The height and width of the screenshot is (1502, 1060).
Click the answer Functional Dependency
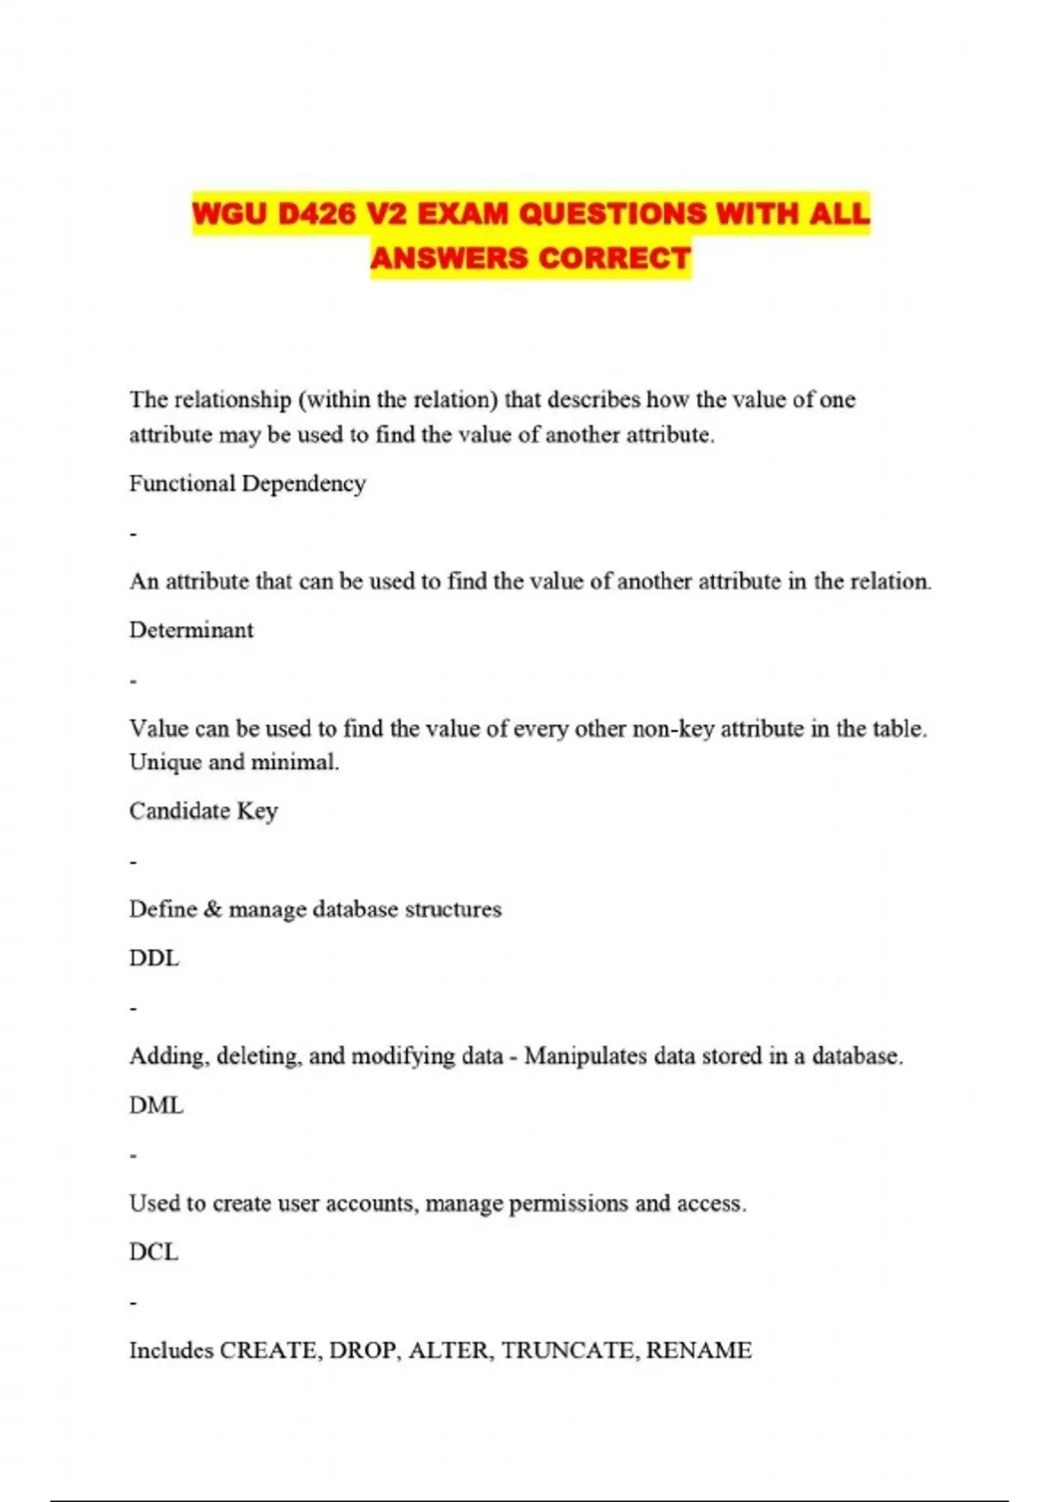(247, 483)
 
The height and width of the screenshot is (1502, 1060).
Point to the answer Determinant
(191, 630)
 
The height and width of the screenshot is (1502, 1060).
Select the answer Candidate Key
(203, 811)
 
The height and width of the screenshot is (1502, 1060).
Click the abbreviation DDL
(154, 958)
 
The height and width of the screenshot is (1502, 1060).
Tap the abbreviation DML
(156, 1105)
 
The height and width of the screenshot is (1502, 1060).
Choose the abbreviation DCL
(154, 1252)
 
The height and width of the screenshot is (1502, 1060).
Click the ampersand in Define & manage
(213, 909)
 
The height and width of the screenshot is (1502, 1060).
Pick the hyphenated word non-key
(673, 729)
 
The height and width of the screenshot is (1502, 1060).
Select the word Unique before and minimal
(165, 762)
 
